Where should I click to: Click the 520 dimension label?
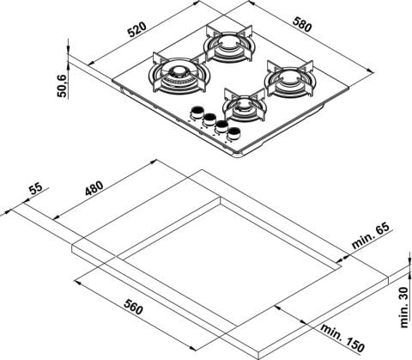[136, 29]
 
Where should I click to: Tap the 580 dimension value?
[301, 24]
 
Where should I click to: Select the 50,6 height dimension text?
[62, 85]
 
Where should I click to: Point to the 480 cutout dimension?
[94, 188]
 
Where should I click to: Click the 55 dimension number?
[36, 189]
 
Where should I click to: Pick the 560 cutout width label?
[133, 306]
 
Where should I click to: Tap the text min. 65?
[371, 235]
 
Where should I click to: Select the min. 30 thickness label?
[404, 308]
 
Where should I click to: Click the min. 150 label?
[342, 337]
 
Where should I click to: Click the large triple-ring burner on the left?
[179, 76]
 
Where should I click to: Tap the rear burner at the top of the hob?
[228, 44]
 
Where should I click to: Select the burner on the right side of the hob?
[289, 79]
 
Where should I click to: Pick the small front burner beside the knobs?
[245, 106]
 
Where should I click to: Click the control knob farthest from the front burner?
[197, 113]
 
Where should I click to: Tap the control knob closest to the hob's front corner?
[234, 134]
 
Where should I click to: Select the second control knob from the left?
[209, 119]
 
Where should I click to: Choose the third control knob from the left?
[221, 126]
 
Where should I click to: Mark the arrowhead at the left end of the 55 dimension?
[7, 211]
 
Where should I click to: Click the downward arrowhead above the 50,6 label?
[68, 50]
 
